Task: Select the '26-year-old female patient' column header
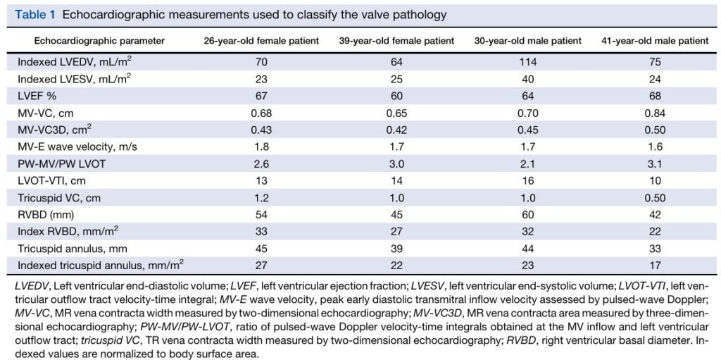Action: point(262,41)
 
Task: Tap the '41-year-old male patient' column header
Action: point(655,41)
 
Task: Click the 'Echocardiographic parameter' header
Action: point(99,41)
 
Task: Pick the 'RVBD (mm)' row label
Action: point(44,215)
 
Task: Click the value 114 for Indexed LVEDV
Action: point(528,63)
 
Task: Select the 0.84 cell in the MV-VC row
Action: point(655,113)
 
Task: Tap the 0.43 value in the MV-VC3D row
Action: point(261,130)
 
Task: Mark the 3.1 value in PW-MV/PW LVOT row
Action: point(655,164)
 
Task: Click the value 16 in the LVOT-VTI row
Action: point(528,181)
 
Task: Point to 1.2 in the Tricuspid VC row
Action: point(261,198)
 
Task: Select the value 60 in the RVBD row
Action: point(528,215)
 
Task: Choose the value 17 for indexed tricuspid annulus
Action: point(655,266)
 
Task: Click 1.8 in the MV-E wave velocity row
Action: point(261,147)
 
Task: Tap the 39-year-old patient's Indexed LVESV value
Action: point(396,80)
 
